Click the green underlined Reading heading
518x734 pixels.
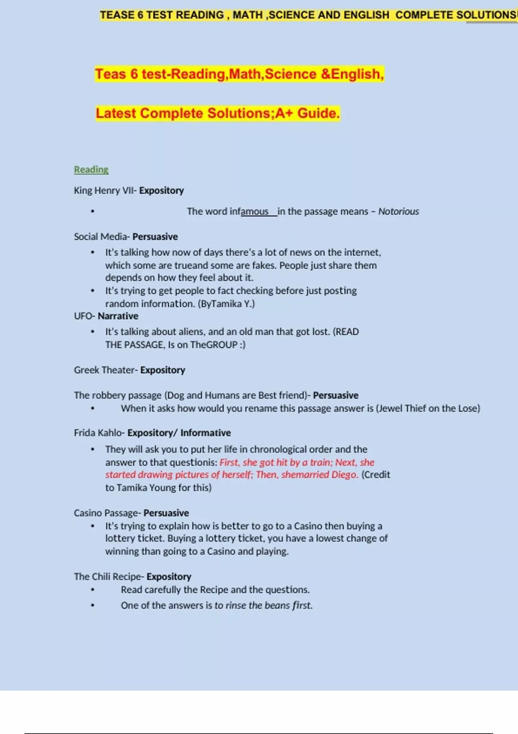(91, 170)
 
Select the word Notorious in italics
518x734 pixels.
(398, 212)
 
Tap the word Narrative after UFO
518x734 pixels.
(118, 316)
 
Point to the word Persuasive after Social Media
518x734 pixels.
(155, 237)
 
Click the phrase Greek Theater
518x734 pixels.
(104, 370)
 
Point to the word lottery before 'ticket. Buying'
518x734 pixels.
(119, 538)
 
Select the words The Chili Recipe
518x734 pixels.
(107, 577)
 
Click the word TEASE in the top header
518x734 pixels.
(117, 15)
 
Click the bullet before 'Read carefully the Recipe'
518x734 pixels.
(93, 590)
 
